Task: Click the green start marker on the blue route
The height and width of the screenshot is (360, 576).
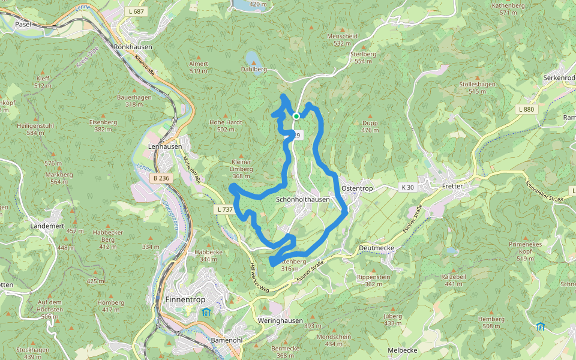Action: (x=296, y=116)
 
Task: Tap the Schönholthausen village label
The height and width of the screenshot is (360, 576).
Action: (x=303, y=199)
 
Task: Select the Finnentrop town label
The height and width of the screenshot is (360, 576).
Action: (x=182, y=299)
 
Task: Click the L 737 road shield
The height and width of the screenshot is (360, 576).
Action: (x=223, y=209)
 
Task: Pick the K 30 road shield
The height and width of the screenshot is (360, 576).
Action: (x=407, y=188)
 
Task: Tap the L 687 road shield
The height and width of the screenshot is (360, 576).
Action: (x=137, y=11)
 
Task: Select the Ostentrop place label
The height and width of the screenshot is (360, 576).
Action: (x=357, y=188)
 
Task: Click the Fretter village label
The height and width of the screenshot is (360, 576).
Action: (x=452, y=187)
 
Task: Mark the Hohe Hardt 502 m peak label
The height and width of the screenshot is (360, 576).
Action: (x=225, y=125)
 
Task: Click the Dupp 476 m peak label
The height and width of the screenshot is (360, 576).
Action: (x=370, y=126)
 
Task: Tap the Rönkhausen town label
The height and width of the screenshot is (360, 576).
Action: (x=133, y=46)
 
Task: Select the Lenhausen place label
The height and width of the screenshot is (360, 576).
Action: (x=164, y=146)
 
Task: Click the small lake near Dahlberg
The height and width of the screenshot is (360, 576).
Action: (x=252, y=58)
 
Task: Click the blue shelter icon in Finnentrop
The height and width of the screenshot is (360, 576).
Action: (x=206, y=312)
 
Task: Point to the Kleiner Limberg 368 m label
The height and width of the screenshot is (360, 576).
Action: (x=241, y=169)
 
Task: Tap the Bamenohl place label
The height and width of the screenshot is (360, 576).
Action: (x=227, y=340)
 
